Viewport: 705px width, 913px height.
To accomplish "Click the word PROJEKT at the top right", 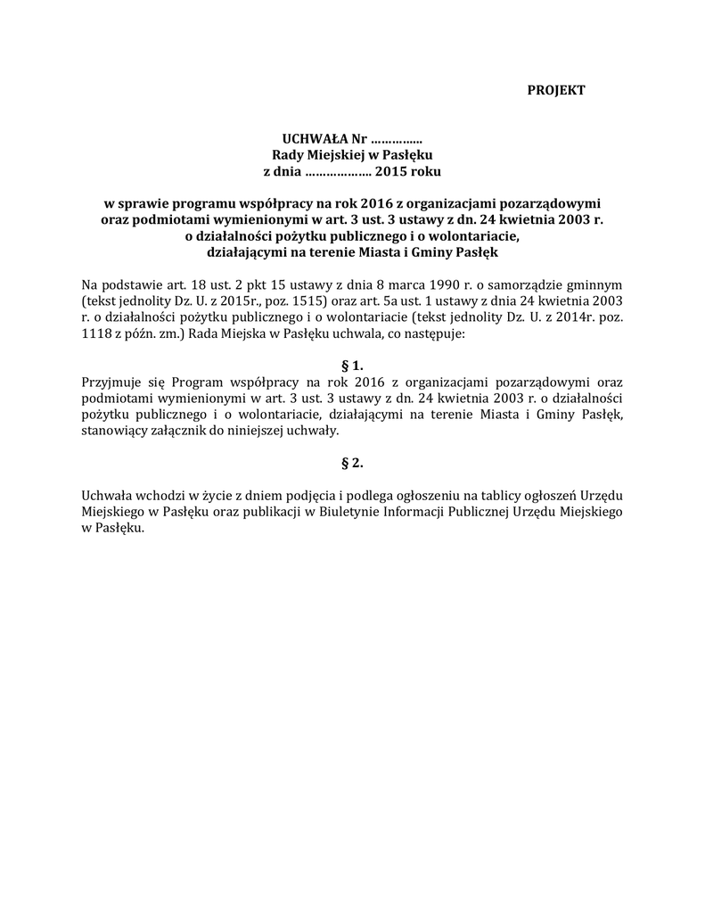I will tap(556, 90).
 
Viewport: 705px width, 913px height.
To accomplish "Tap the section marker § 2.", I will tap(353, 463).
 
